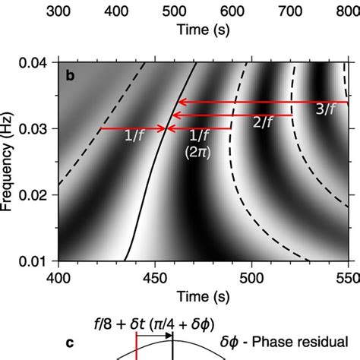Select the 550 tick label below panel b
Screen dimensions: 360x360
tap(346, 277)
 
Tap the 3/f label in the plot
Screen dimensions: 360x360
tap(325, 110)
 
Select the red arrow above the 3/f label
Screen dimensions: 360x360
tap(262, 101)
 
